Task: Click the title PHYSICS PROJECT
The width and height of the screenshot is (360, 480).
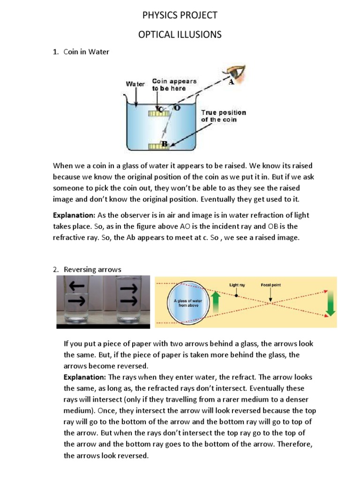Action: tap(180, 15)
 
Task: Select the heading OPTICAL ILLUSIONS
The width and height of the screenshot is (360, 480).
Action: tap(180, 35)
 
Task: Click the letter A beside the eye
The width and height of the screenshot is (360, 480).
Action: tap(231, 83)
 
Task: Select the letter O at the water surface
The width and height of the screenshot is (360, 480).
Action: tap(177, 108)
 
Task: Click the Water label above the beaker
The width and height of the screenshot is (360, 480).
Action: tap(135, 84)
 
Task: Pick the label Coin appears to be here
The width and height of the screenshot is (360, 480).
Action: tap(174, 84)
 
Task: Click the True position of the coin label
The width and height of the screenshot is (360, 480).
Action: tap(223, 116)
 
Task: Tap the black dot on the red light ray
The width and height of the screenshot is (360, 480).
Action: tap(237, 296)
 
